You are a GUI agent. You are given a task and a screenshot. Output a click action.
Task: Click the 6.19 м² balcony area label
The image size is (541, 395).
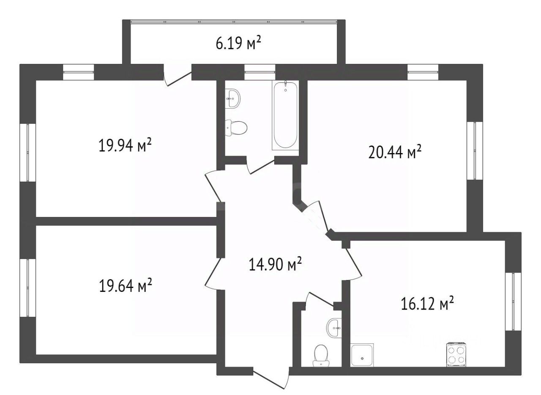238,44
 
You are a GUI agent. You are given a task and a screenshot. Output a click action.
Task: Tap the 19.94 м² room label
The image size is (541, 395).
125,145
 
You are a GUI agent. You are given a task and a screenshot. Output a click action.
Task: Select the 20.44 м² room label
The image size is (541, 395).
395,152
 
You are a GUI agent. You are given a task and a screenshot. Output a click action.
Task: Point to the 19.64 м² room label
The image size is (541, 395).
126,285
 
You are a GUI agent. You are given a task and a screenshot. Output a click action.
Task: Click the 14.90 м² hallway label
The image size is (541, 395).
275,264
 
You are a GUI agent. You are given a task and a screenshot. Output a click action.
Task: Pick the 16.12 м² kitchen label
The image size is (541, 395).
427,303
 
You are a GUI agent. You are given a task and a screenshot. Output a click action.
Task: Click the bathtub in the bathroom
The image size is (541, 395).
285,115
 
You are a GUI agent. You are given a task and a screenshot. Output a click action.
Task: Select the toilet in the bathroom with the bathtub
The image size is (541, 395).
236,127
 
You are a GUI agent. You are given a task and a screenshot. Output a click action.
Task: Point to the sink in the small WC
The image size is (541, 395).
334,328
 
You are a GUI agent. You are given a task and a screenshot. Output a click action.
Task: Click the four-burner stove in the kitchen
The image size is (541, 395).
456,355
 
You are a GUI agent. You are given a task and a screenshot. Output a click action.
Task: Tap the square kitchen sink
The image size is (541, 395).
362,355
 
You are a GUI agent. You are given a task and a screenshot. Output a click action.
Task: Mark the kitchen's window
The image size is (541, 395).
513,302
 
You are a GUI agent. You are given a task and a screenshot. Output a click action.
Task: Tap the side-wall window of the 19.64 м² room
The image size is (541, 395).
28,288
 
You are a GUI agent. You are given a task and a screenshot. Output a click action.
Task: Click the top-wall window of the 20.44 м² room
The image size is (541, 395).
423,72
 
